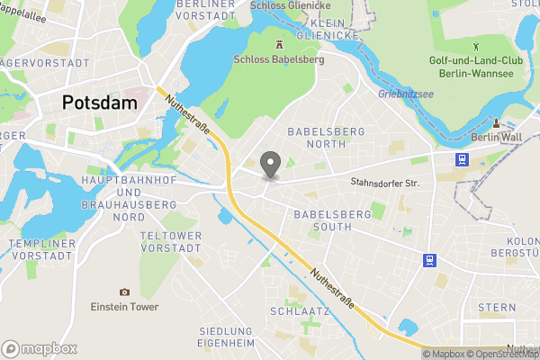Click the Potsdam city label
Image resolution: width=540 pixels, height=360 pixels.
[99, 103]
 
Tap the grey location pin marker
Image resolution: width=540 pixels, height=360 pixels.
[269, 165]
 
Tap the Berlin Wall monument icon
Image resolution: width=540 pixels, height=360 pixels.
[496, 122]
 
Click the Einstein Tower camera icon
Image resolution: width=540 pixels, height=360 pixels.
[124, 292]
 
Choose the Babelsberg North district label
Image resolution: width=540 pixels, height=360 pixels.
[326, 137]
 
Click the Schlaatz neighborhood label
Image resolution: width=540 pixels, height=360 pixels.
[300, 311]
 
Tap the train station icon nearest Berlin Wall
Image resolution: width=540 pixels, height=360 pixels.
[462, 158]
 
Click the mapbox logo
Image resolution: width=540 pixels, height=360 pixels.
[40, 348]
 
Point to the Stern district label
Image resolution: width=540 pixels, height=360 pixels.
[497, 307]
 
